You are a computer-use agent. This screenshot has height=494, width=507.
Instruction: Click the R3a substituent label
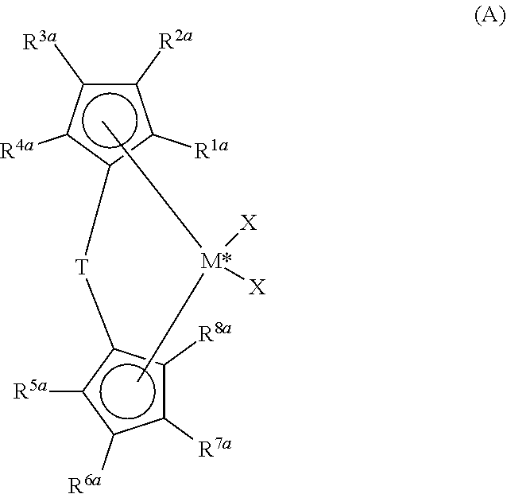click(x=40, y=41)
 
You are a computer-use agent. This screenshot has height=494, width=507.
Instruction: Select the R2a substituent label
click(x=176, y=40)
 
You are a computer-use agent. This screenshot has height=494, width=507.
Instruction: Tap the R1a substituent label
click(x=211, y=150)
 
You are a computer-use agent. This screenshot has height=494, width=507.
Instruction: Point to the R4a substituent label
click(x=17, y=150)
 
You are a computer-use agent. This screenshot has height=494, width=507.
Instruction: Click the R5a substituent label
click(x=30, y=390)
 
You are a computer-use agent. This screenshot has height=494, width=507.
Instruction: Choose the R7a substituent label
click(x=215, y=447)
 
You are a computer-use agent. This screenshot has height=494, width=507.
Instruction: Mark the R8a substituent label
click(x=215, y=333)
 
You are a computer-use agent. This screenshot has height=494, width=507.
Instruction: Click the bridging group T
click(x=82, y=266)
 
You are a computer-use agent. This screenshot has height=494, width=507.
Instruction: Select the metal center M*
click(x=216, y=261)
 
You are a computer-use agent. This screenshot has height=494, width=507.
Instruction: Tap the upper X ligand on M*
click(x=248, y=223)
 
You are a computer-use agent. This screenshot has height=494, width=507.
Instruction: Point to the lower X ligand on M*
click(x=257, y=286)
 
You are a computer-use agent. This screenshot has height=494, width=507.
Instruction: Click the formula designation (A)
click(x=490, y=16)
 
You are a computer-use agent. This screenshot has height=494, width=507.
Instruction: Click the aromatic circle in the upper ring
click(x=83, y=120)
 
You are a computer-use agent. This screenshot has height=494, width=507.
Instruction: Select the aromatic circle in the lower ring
click(x=100, y=391)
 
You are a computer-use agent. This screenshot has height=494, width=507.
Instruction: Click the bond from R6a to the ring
click(x=107, y=452)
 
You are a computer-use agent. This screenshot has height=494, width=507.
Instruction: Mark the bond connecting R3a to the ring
click(x=69, y=64)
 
